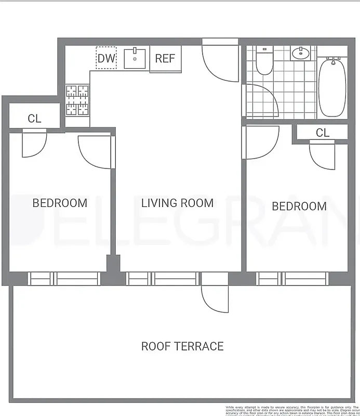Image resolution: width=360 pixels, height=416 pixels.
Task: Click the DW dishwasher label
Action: (x=106, y=58)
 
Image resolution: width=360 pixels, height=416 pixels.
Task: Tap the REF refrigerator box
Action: (x=165, y=58)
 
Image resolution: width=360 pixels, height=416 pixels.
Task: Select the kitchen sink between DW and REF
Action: (x=137, y=57)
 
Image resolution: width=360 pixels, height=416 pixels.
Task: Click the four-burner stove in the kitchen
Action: (x=77, y=100)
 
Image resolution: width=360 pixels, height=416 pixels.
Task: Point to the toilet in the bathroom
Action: (x=264, y=61)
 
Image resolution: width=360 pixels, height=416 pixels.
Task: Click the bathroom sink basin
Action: (x=300, y=53)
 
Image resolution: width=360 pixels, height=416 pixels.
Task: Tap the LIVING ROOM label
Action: (x=177, y=203)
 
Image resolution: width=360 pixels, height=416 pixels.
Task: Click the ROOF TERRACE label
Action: (x=182, y=346)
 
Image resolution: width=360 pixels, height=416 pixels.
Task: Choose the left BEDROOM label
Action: (x=60, y=203)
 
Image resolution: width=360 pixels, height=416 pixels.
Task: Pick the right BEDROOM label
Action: (x=299, y=206)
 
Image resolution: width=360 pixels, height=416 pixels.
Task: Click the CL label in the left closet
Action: (x=34, y=119)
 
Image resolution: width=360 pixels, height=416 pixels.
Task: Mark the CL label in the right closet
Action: (x=323, y=133)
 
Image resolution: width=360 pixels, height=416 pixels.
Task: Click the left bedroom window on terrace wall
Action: (x=63, y=279)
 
